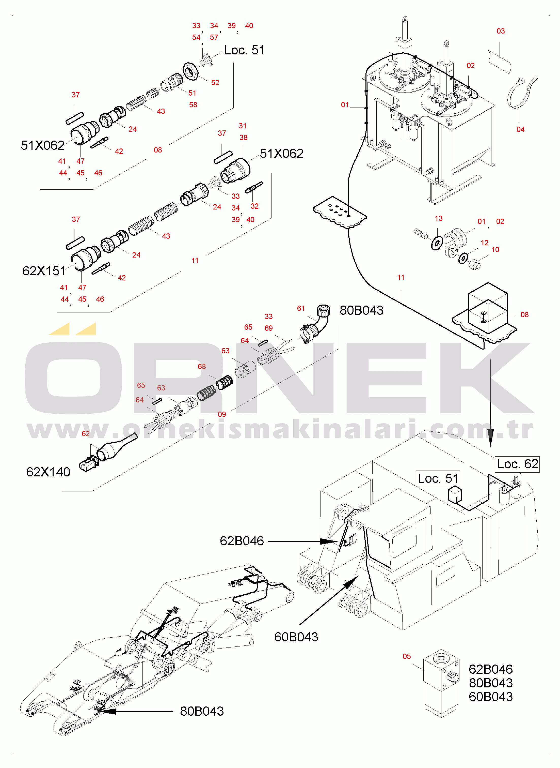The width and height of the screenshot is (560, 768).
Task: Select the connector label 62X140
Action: (48, 472)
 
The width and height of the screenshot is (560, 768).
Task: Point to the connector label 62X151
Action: (44, 271)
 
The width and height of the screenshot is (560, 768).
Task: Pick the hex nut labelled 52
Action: (190, 71)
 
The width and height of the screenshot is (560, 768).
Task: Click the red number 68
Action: (202, 367)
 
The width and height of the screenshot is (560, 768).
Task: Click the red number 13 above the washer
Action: (439, 218)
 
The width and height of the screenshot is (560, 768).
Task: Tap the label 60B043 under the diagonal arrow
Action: (296, 637)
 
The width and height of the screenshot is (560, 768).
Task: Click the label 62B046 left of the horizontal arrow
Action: (242, 541)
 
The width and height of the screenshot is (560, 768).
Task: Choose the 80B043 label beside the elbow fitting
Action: (361, 310)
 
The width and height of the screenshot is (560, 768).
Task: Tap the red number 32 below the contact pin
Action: (254, 206)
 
